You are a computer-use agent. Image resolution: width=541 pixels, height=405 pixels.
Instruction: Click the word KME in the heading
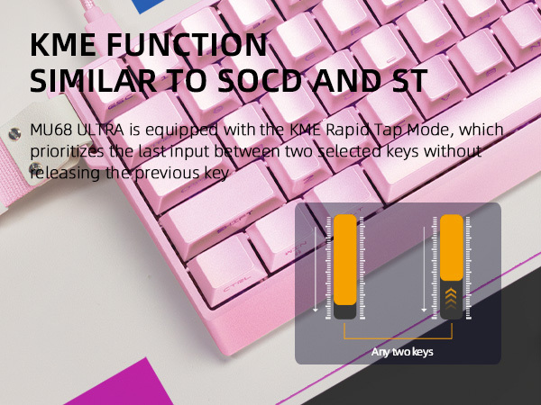coord(63,44)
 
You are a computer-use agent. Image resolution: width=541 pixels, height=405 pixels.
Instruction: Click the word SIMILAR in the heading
coord(93,81)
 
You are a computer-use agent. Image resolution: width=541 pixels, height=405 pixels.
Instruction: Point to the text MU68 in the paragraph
coord(51,130)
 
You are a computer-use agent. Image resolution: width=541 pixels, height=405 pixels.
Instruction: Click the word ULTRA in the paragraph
coord(100,130)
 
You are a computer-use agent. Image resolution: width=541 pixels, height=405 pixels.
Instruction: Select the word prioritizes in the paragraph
coord(67,152)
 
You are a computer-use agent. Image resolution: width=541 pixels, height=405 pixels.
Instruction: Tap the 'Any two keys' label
coord(402,352)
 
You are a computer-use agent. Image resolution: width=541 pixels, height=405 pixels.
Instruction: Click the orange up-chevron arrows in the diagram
coord(451,298)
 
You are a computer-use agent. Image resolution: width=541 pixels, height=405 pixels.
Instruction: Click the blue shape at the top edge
coord(151,5)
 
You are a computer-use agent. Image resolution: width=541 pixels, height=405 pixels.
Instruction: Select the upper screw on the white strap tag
coord(14,133)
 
